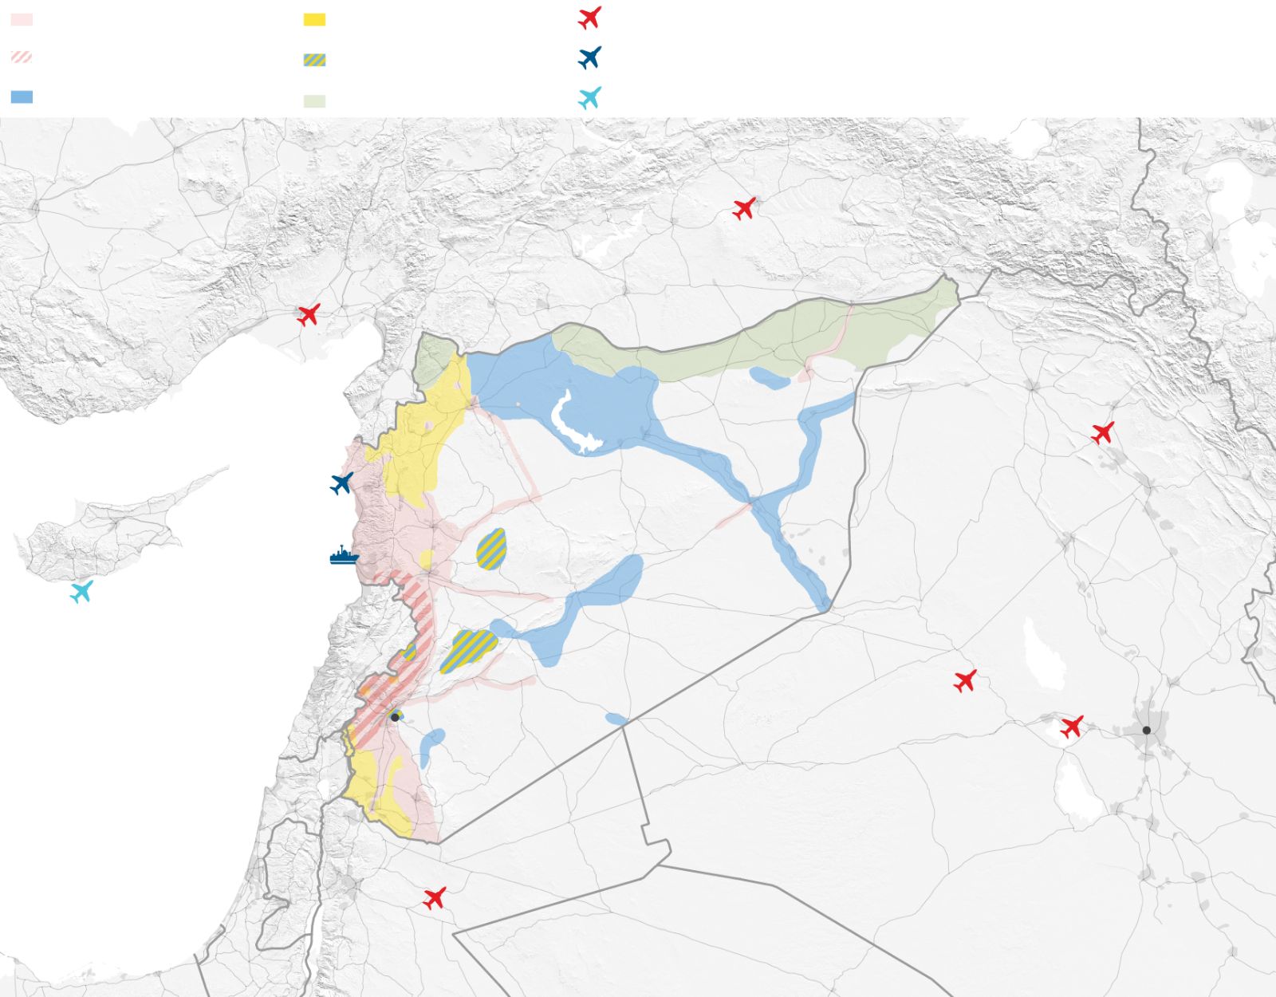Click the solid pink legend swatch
[22, 19]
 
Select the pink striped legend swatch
[22, 57]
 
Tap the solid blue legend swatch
[22, 97]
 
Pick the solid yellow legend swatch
[314, 19]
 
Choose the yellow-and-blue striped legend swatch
[314, 60]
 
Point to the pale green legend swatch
[314, 101]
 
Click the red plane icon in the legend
[589, 18]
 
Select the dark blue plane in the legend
[589, 57]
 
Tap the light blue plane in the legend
[589, 98]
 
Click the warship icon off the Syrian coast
[344, 556]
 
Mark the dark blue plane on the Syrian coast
[341, 483]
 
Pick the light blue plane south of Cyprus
[81, 592]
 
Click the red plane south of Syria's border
[434, 898]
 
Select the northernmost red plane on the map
[744, 209]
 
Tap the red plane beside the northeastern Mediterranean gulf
[309, 314]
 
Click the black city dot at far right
[1146, 730]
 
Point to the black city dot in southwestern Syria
[395, 717]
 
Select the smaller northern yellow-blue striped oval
[491, 549]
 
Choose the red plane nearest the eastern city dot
[1072, 727]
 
